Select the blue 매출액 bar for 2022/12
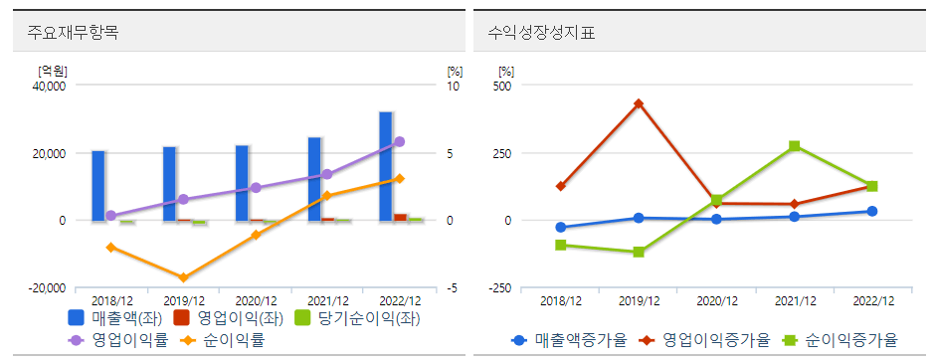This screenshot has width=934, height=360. click(385, 166)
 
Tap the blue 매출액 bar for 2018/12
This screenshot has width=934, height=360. click(98, 186)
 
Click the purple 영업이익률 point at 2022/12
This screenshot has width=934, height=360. click(399, 142)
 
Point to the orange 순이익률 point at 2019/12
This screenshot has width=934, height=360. click(183, 277)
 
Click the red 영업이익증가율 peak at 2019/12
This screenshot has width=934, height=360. click(639, 103)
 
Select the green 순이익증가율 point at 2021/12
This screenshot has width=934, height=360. click(794, 146)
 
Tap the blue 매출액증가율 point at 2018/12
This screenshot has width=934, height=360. click(561, 228)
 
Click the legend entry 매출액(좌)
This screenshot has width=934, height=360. click(111, 319)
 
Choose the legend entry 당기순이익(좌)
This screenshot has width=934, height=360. click(360, 319)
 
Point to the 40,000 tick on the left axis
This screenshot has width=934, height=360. click(49, 86)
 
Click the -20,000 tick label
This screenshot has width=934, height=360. click(46, 288)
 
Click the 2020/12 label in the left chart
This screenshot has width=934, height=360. click(256, 300)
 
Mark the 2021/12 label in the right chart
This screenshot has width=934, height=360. click(795, 300)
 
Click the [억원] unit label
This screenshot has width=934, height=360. click(52, 71)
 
